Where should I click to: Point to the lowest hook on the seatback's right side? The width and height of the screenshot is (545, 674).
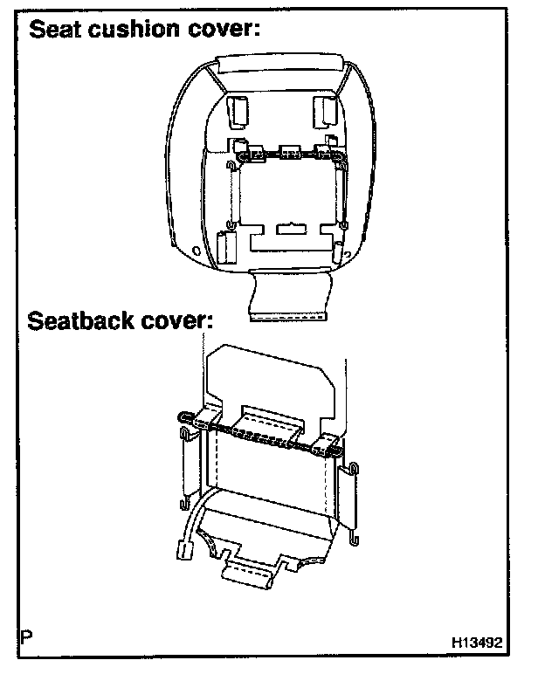coord(351,534)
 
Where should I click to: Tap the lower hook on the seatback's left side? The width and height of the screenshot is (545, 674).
coord(186,503)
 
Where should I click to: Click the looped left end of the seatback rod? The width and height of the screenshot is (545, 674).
coord(184,417)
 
